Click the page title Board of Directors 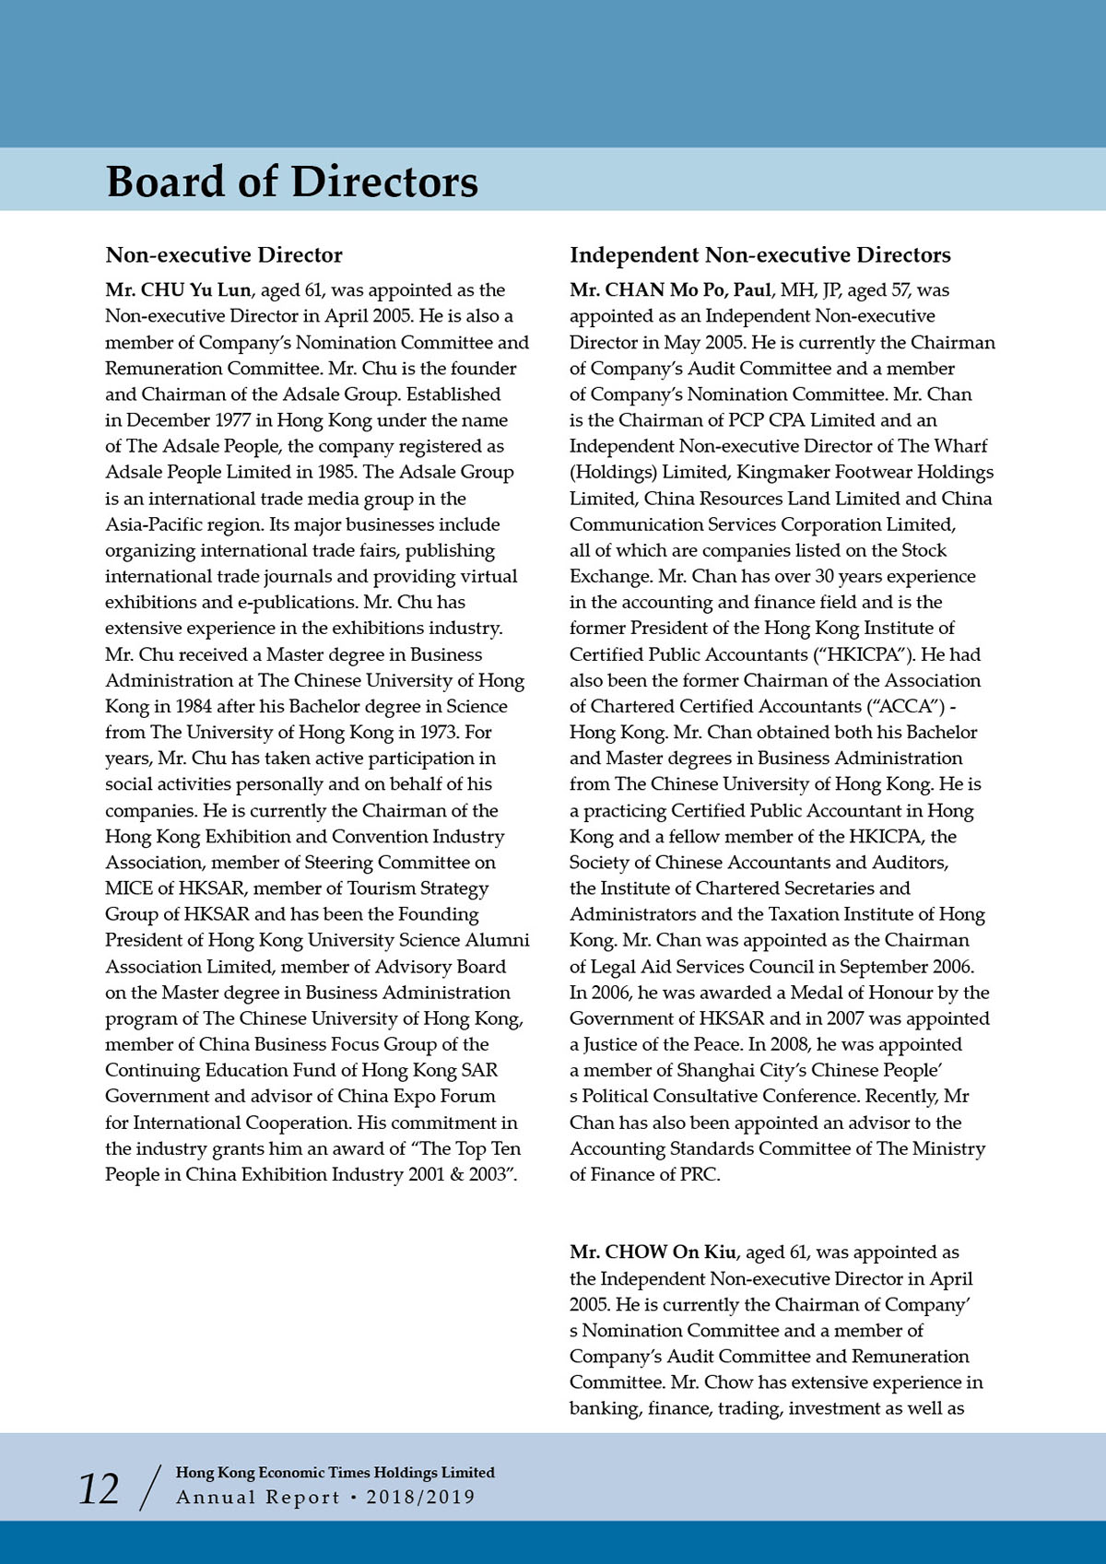(292, 182)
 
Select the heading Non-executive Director (224, 255)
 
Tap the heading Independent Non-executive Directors (759, 255)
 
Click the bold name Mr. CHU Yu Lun (178, 290)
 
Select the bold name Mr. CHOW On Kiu (653, 1252)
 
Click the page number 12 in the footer (99, 1488)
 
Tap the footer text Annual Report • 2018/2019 (325, 1497)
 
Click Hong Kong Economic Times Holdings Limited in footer (335, 1473)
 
